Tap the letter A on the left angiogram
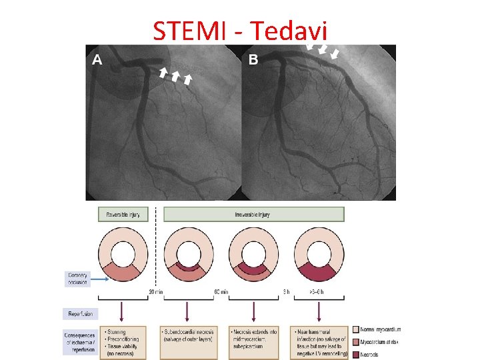(97, 60)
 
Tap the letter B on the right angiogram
(253, 60)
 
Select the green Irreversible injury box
(254, 215)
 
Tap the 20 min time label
(156, 291)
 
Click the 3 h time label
(286, 291)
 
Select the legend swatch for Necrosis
(356, 353)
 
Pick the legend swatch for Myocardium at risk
(356, 341)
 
